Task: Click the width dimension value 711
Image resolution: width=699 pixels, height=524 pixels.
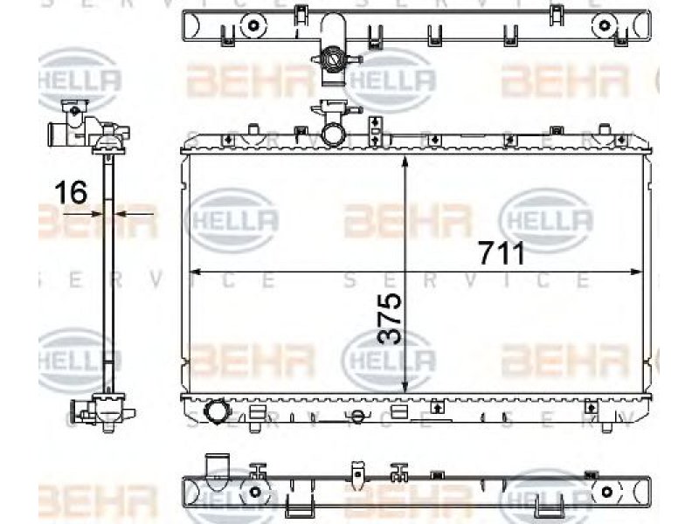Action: point(502,252)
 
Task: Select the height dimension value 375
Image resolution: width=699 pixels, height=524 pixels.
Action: point(389,318)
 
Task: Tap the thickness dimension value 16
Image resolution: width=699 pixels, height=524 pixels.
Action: point(71,192)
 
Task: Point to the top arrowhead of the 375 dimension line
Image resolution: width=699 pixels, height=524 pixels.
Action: point(405,162)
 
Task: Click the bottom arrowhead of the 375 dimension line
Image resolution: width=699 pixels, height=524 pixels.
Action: point(405,386)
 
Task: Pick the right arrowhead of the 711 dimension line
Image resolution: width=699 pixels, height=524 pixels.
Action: point(637,272)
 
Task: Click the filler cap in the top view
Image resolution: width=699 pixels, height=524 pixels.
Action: point(334,59)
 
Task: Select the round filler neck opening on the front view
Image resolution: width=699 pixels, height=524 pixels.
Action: point(333,135)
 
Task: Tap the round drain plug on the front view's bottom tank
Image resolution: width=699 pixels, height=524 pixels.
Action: point(217,410)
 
